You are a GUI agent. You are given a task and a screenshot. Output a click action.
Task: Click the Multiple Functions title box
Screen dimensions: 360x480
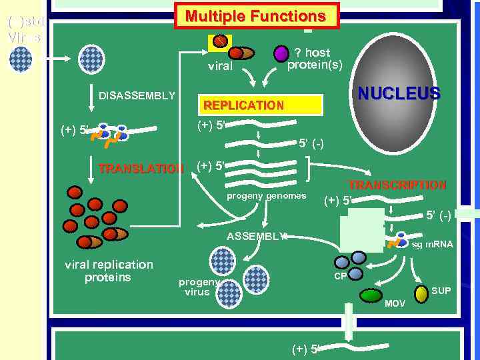[x=257, y=16]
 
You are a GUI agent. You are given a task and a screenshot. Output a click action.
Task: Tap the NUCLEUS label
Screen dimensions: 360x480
[x=399, y=93]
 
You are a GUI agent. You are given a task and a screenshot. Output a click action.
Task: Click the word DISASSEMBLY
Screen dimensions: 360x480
[x=137, y=95]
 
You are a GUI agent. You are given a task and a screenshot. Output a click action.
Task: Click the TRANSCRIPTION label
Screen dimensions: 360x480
[x=397, y=185]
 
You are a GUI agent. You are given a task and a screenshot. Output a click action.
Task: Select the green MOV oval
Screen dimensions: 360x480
[x=371, y=295]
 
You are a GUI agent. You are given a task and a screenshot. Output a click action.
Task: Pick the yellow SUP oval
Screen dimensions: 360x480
[x=421, y=293]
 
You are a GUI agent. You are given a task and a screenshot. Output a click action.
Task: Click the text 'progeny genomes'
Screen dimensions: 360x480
[x=267, y=196]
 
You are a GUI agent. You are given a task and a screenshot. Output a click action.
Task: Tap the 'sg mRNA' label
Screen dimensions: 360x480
[x=432, y=245]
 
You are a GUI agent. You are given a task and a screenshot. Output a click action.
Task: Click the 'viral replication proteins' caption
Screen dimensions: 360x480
[x=109, y=271]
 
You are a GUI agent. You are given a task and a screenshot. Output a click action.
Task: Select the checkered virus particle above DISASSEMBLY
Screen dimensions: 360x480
[x=92, y=59]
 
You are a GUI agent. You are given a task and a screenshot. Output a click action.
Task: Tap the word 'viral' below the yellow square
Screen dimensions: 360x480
[x=220, y=66]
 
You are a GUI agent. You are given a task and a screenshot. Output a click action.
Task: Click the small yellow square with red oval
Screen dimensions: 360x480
[x=219, y=42]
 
